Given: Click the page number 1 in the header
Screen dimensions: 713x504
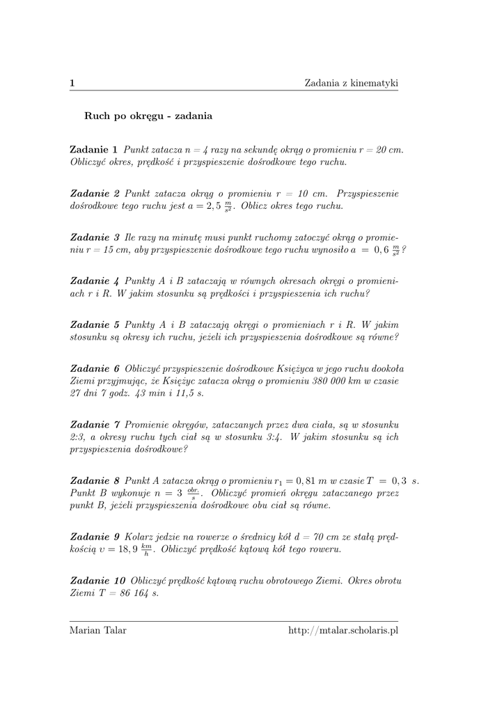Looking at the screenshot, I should tap(72, 84).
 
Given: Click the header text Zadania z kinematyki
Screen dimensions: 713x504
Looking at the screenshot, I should tap(351, 84).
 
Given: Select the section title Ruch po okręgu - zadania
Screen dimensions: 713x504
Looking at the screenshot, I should tap(148, 116).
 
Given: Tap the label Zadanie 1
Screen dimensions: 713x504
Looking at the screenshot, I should tap(93, 150).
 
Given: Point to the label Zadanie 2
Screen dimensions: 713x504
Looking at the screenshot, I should tap(95, 193).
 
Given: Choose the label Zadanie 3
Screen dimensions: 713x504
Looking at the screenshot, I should tap(95, 237).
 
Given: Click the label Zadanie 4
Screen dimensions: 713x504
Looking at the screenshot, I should tap(95, 281).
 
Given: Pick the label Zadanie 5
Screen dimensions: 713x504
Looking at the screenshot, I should tap(95, 324).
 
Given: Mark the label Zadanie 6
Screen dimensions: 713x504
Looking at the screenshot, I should tap(95, 368).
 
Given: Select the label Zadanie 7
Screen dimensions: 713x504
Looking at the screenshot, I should tap(95, 425).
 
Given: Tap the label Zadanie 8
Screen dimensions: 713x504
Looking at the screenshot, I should tap(95, 481).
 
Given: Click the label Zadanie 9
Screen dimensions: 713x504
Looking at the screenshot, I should tap(95, 537).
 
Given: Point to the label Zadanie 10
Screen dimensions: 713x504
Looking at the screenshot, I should tap(98, 581).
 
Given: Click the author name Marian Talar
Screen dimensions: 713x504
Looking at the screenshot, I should tap(98, 630).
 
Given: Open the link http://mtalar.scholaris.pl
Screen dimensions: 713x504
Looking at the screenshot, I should tap(343, 630).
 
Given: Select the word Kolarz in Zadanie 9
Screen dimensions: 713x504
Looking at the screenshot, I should tap(139, 537).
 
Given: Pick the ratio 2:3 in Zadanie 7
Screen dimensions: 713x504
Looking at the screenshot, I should tap(77, 437).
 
